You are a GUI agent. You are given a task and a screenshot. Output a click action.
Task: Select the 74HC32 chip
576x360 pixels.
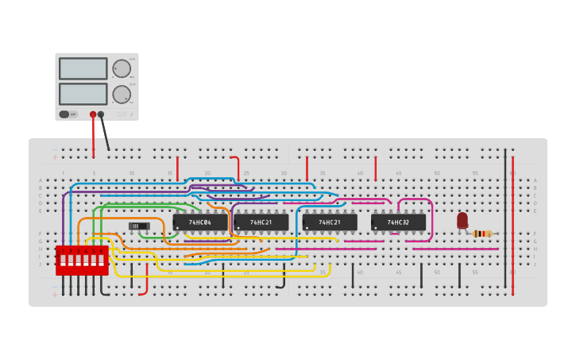[x=398, y=223]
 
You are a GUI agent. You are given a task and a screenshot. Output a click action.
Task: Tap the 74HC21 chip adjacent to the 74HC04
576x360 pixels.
[x=261, y=223]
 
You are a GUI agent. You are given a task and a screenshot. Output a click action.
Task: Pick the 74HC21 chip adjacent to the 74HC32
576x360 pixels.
[x=330, y=223]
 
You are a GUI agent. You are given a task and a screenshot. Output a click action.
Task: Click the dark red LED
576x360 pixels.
[x=462, y=219]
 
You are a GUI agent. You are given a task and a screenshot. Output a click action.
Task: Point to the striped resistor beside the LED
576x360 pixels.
[x=482, y=233]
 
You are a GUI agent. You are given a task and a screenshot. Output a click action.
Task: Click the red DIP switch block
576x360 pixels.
[x=82, y=260]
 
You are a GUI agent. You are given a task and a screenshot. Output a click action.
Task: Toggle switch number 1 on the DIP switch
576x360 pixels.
[x=62, y=259]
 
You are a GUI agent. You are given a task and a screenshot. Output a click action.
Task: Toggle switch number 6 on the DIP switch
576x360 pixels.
[x=102, y=259]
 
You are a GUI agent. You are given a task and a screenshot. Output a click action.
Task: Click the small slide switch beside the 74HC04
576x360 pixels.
[x=139, y=226]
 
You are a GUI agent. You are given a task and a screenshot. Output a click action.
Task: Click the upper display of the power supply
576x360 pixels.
[x=83, y=68]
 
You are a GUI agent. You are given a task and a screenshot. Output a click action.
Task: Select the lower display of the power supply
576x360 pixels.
[x=83, y=94]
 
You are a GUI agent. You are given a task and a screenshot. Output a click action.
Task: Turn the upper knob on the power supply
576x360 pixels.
[x=122, y=68]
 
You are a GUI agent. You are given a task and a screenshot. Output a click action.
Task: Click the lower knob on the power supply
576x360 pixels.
[x=122, y=95]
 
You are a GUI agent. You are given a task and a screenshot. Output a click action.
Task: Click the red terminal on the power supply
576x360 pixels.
[x=93, y=114]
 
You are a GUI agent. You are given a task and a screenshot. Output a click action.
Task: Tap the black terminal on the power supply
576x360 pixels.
[x=101, y=114]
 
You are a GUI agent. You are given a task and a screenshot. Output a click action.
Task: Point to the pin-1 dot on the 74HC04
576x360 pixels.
[x=177, y=228]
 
